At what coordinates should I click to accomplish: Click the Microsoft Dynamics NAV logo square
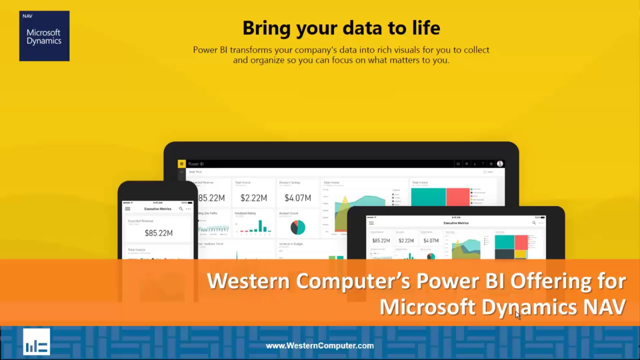click(x=44, y=36)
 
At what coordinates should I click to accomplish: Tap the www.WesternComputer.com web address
click(x=320, y=346)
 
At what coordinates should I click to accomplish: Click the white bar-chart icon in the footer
click(x=37, y=342)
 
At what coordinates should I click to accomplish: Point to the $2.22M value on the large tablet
click(x=254, y=198)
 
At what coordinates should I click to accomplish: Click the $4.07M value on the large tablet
click(x=298, y=198)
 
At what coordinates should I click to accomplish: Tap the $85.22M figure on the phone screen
click(x=159, y=233)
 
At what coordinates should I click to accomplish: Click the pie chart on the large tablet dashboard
click(x=298, y=228)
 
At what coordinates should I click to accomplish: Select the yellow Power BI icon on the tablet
click(x=182, y=164)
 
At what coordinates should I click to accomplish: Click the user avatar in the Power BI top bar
click(x=500, y=164)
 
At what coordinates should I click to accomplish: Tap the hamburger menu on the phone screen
click(x=128, y=209)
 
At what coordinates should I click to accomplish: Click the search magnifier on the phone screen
click(x=181, y=209)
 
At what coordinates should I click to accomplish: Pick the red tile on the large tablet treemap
click(x=458, y=197)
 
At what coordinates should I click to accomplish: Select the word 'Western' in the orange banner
click(x=249, y=281)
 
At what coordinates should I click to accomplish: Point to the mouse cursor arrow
click(x=518, y=315)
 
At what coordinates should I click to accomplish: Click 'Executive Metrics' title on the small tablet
click(x=456, y=223)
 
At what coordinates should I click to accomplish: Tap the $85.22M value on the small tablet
click(x=381, y=241)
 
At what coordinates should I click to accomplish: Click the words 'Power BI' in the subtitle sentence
click(x=210, y=50)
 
